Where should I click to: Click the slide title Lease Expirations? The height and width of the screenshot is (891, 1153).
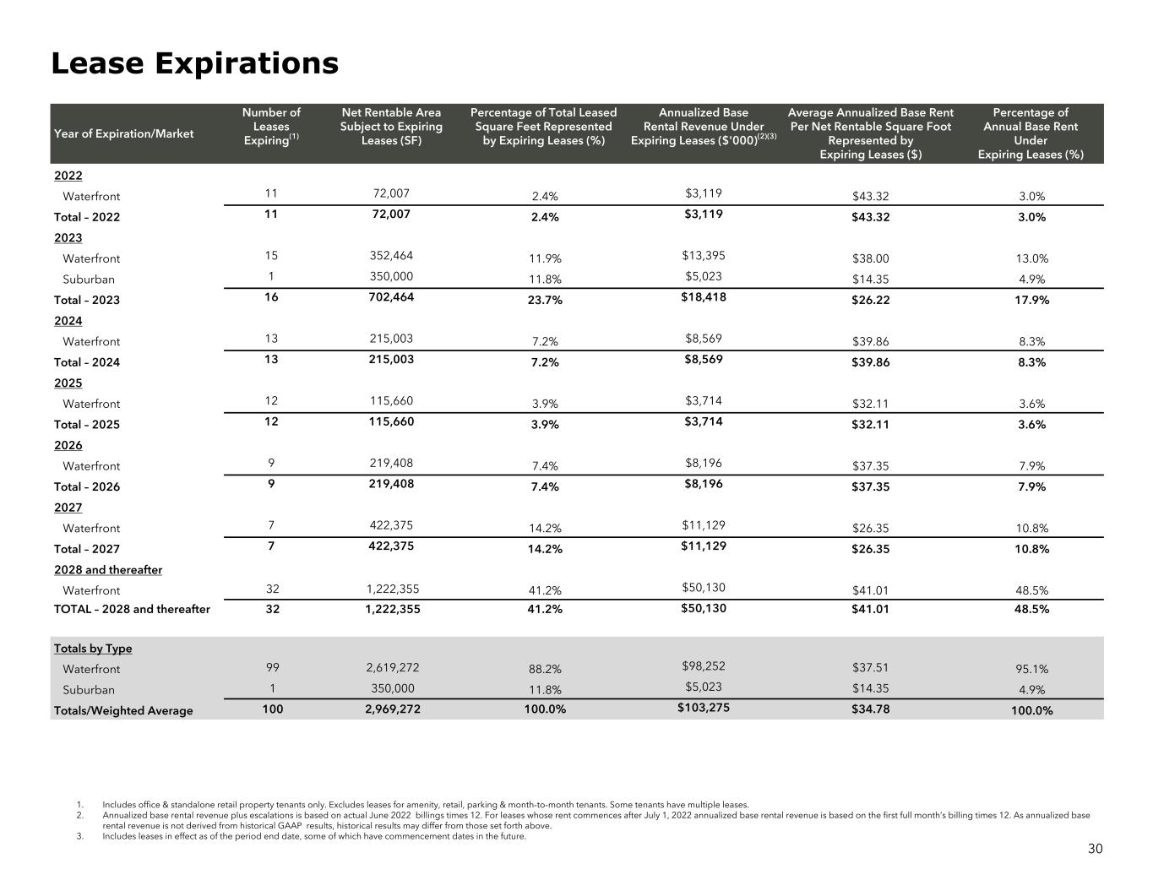pyautogui.click(x=194, y=63)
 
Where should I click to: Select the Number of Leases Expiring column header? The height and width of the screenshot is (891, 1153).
pyautogui.click(x=271, y=127)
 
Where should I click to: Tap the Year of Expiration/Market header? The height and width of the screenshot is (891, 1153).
pyautogui.click(x=123, y=133)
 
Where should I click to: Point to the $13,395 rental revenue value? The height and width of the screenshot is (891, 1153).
pyautogui.click(x=703, y=255)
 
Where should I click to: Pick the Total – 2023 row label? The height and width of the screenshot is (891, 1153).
pyautogui.click(x=87, y=300)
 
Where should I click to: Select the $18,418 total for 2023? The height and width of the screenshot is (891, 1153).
pyautogui.click(x=703, y=296)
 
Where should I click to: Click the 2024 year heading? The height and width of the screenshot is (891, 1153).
pyautogui.click(x=68, y=321)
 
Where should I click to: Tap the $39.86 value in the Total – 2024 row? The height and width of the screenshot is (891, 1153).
pyautogui.click(x=870, y=362)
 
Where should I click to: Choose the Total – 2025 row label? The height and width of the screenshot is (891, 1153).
pyautogui.click(x=87, y=425)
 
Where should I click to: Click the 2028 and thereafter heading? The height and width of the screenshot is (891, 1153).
pyautogui.click(x=108, y=570)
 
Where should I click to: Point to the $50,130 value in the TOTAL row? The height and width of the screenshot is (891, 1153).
pyautogui.click(x=703, y=608)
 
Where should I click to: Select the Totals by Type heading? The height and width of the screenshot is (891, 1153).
pyautogui.click(x=93, y=649)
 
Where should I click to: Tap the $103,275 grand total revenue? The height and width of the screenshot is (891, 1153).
pyautogui.click(x=703, y=708)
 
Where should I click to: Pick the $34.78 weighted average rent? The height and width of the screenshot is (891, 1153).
pyautogui.click(x=870, y=709)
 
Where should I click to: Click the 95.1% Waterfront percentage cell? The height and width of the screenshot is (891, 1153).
pyautogui.click(x=1030, y=669)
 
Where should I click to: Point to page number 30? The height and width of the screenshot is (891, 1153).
pyautogui.click(x=1095, y=849)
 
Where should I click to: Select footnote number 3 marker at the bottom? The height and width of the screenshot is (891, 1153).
pyautogui.click(x=79, y=836)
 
